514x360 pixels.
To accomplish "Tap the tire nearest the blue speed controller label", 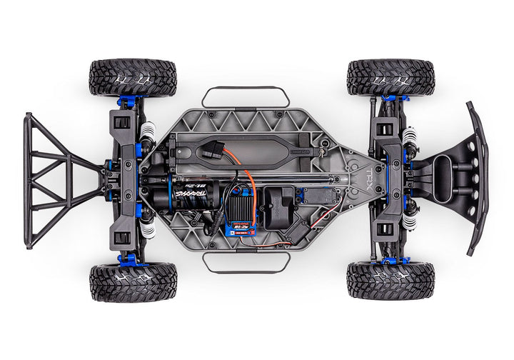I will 133,281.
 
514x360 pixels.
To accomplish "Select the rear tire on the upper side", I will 133,77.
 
